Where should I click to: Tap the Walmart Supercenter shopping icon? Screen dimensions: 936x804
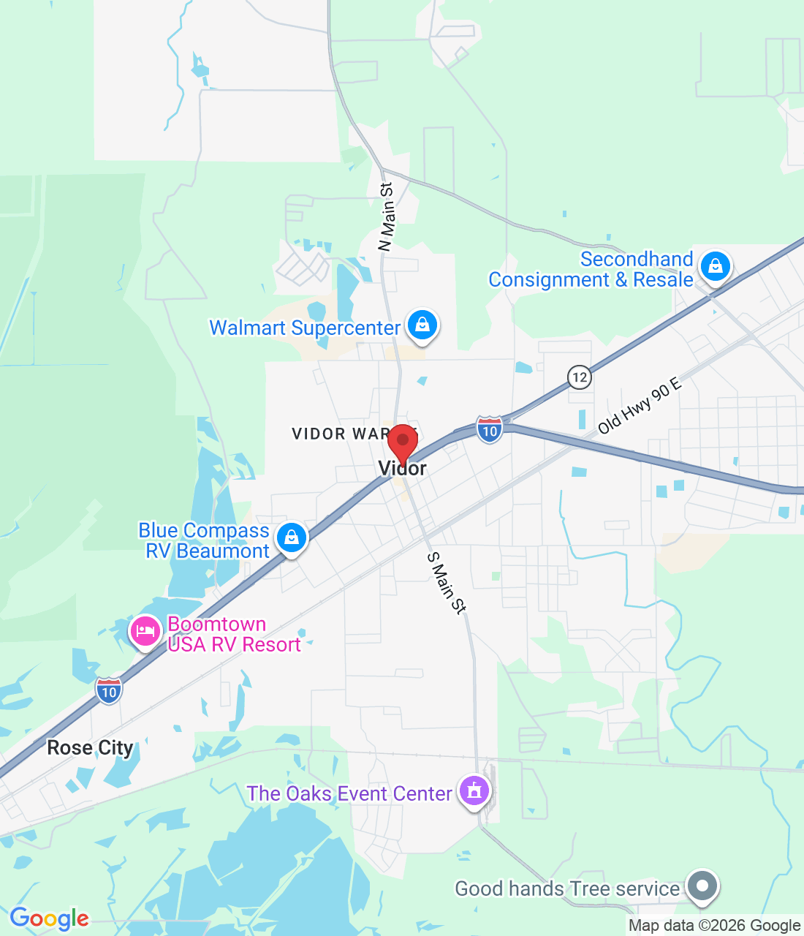(x=422, y=325)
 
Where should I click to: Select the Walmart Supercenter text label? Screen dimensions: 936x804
(x=305, y=328)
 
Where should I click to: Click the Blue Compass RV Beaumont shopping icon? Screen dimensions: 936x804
(x=292, y=537)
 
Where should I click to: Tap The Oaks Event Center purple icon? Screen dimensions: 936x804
(x=474, y=791)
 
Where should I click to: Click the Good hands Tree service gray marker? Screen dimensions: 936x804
(x=702, y=886)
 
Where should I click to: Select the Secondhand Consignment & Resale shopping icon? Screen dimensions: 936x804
(x=716, y=266)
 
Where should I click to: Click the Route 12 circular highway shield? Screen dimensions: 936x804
(x=580, y=377)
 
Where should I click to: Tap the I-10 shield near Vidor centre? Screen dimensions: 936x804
(x=490, y=430)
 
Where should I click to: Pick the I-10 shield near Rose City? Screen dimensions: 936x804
(x=109, y=691)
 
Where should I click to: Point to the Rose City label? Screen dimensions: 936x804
(x=91, y=747)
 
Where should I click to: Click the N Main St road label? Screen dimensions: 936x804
(x=387, y=217)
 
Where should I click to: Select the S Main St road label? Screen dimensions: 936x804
(x=446, y=583)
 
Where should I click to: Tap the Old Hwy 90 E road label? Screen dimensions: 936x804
(x=639, y=406)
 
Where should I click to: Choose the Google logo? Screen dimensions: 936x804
(x=49, y=918)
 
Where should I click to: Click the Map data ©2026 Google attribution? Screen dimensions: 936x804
(x=714, y=926)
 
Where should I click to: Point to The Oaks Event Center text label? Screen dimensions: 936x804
(x=349, y=793)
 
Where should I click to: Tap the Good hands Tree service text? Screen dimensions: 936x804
(x=567, y=888)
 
